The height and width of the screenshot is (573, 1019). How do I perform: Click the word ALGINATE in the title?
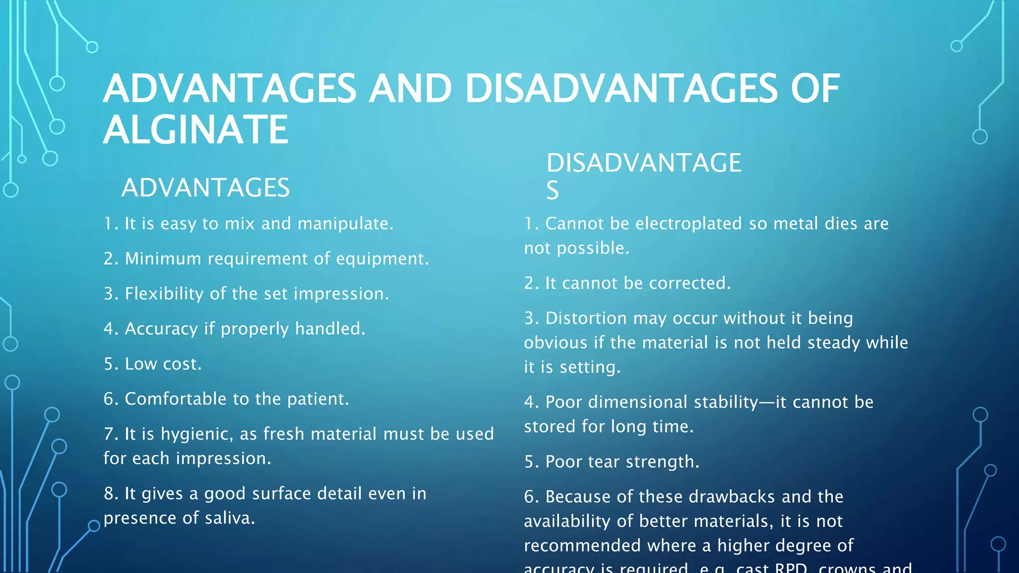coord(196,130)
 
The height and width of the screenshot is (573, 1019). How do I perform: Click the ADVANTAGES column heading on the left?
coord(205,188)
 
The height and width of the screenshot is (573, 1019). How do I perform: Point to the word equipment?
coord(382,259)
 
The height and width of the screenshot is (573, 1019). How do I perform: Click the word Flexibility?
coord(164,294)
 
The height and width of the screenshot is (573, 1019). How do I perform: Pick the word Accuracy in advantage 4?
coord(161,329)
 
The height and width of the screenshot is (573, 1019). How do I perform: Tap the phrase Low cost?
coord(163,364)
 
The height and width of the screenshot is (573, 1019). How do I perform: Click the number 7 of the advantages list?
coord(108,434)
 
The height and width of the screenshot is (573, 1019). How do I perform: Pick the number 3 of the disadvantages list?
coord(529,318)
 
